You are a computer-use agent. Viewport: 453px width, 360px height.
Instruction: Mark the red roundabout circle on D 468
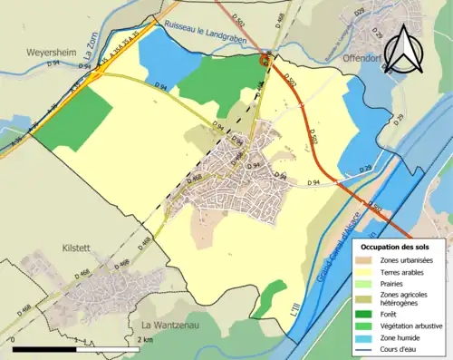click(x=265, y=60)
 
